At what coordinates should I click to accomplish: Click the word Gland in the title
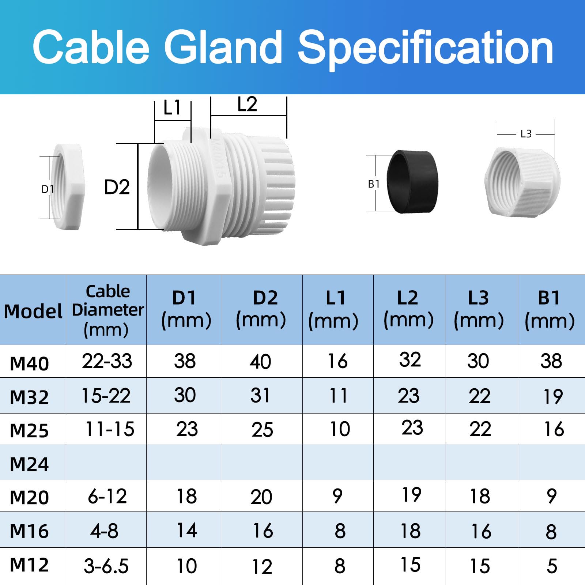(223, 47)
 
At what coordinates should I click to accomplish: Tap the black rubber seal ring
(412, 181)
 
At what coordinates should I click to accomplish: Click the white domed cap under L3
(522, 182)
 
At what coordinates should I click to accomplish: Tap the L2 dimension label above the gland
(247, 104)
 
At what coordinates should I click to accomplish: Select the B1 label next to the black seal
(374, 184)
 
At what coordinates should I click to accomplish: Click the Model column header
(33, 311)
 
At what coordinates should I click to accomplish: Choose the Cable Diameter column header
(107, 310)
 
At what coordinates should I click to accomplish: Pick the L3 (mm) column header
(479, 309)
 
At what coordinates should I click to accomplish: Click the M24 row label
(29, 464)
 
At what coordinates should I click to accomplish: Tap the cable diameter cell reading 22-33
(107, 361)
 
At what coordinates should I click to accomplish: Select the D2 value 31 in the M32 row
(260, 395)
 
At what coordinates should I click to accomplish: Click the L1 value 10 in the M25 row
(340, 429)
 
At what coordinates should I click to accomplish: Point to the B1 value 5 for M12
(552, 566)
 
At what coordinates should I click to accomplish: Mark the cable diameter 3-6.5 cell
(106, 566)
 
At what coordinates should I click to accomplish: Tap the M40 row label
(29, 363)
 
